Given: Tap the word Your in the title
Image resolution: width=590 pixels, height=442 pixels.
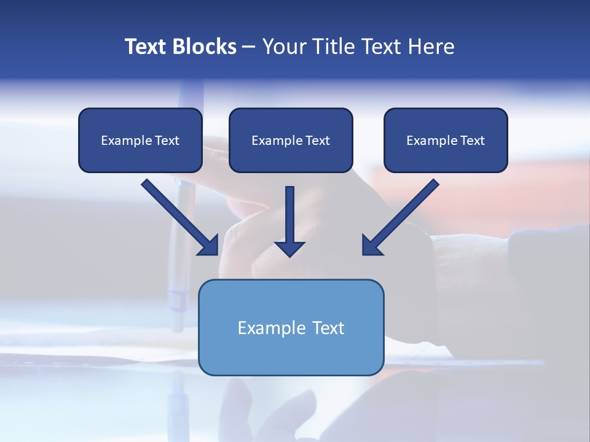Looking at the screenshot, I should click(283, 47).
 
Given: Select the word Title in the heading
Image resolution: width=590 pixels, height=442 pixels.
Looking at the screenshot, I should click(332, 47).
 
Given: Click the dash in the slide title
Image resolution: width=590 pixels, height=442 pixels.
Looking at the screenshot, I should click(249, 47).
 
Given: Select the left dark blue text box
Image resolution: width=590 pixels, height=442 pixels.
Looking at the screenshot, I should click(140, 140).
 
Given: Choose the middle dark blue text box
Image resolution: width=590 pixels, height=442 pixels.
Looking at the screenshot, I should click(291, 140).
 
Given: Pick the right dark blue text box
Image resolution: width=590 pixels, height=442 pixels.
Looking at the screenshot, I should click(446, 140).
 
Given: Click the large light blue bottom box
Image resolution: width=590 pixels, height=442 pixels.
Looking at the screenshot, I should click(291, 327).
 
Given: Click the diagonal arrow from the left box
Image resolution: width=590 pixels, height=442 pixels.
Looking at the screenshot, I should click(178, 215).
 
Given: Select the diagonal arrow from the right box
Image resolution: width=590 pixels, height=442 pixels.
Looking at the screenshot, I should click(403, 215).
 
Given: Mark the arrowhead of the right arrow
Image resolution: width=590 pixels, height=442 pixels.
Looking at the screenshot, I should click(371, 246).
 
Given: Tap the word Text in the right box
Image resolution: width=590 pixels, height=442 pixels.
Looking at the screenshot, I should click(473, 141).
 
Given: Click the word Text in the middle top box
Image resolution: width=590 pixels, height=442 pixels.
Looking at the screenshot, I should click(318, 141).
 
